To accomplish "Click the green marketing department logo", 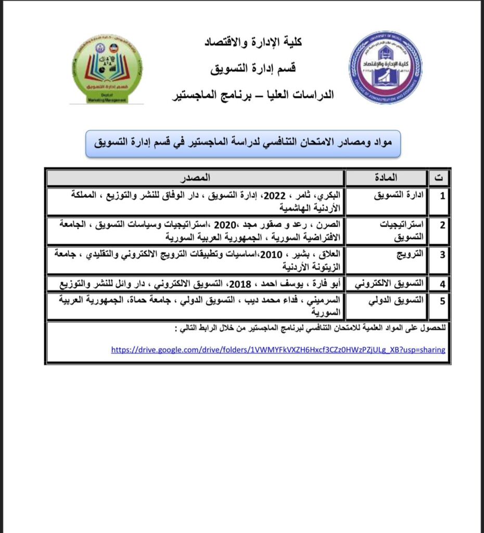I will click(x=107, y=68).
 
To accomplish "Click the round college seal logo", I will click(x=385, y=67).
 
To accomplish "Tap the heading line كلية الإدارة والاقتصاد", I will click(x=253, y=42).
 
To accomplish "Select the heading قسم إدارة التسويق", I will click(x=253, y=68).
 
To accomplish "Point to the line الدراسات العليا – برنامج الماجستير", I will click(x=253, y=95).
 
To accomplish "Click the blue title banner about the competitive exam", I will click(x=243, y=143).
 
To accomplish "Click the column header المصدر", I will click(x=196, y=177).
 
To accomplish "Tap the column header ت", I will click(x=439, y=177).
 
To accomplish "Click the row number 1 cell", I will click(x=442, y=197).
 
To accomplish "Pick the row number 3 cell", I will click(x=442, y=255).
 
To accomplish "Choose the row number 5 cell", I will click(x=442, y=300).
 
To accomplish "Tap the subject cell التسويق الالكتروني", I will click(x=389, y=284).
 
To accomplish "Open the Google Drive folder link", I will click(x=278, y=350).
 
